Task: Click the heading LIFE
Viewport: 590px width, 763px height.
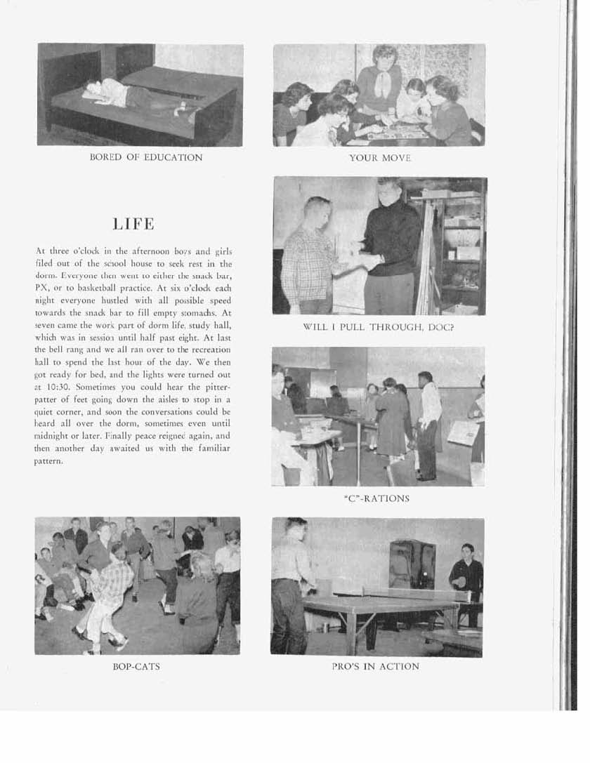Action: (x=133, y=225)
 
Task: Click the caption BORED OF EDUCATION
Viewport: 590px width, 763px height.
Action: (x=146, y=157)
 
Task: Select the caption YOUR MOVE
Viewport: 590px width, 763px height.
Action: (x=379, y=158)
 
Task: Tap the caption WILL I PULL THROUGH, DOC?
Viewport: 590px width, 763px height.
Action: (x=379, y=327)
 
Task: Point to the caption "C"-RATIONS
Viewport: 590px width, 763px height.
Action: (x=378, y=499)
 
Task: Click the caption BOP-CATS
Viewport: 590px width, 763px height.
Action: (x=136, y=665)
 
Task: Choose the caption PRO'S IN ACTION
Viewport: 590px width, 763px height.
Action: (x=376, y=666)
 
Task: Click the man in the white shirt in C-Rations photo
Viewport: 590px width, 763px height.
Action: (x=428, y=421)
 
